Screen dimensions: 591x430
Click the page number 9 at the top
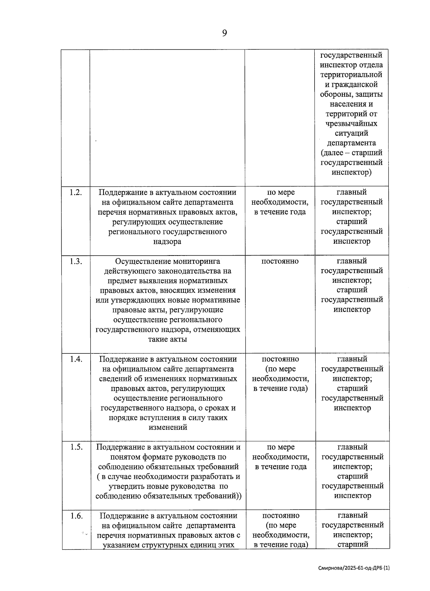pyautogui.click(x=224, y=33)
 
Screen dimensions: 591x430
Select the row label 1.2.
pyautogui.click(x=76, y=192)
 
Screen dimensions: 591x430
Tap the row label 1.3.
pyautogui.click(x=76, y=261)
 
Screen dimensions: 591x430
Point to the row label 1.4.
pyautogui.click(x=76, y=359)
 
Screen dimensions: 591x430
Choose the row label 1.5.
pyautogui.click(x=76, y=447)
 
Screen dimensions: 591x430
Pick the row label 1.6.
pyautogui.click(x=76, y=516)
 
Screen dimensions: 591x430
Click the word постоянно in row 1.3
pyautogui.click(x=280, y=261)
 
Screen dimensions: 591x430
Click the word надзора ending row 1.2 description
pyautogui.click(x=167, y=242)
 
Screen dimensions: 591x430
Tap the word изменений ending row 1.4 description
pyautogui.click(x=168, y=428)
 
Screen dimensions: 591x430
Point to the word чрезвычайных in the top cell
pyautogui.click(x=351, y=124)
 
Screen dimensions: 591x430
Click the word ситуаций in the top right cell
pyautogui.click(x=351, y=133)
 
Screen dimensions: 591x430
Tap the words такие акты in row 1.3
pyautogui.click(x=167, y=339)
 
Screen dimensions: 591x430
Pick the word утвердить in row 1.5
pyautogui.click(x=133, y=486)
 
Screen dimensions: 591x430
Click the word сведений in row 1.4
pyautogui.click(x=114, y=379)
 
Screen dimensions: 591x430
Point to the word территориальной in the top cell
pyautogui.click(x=351, y=75)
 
